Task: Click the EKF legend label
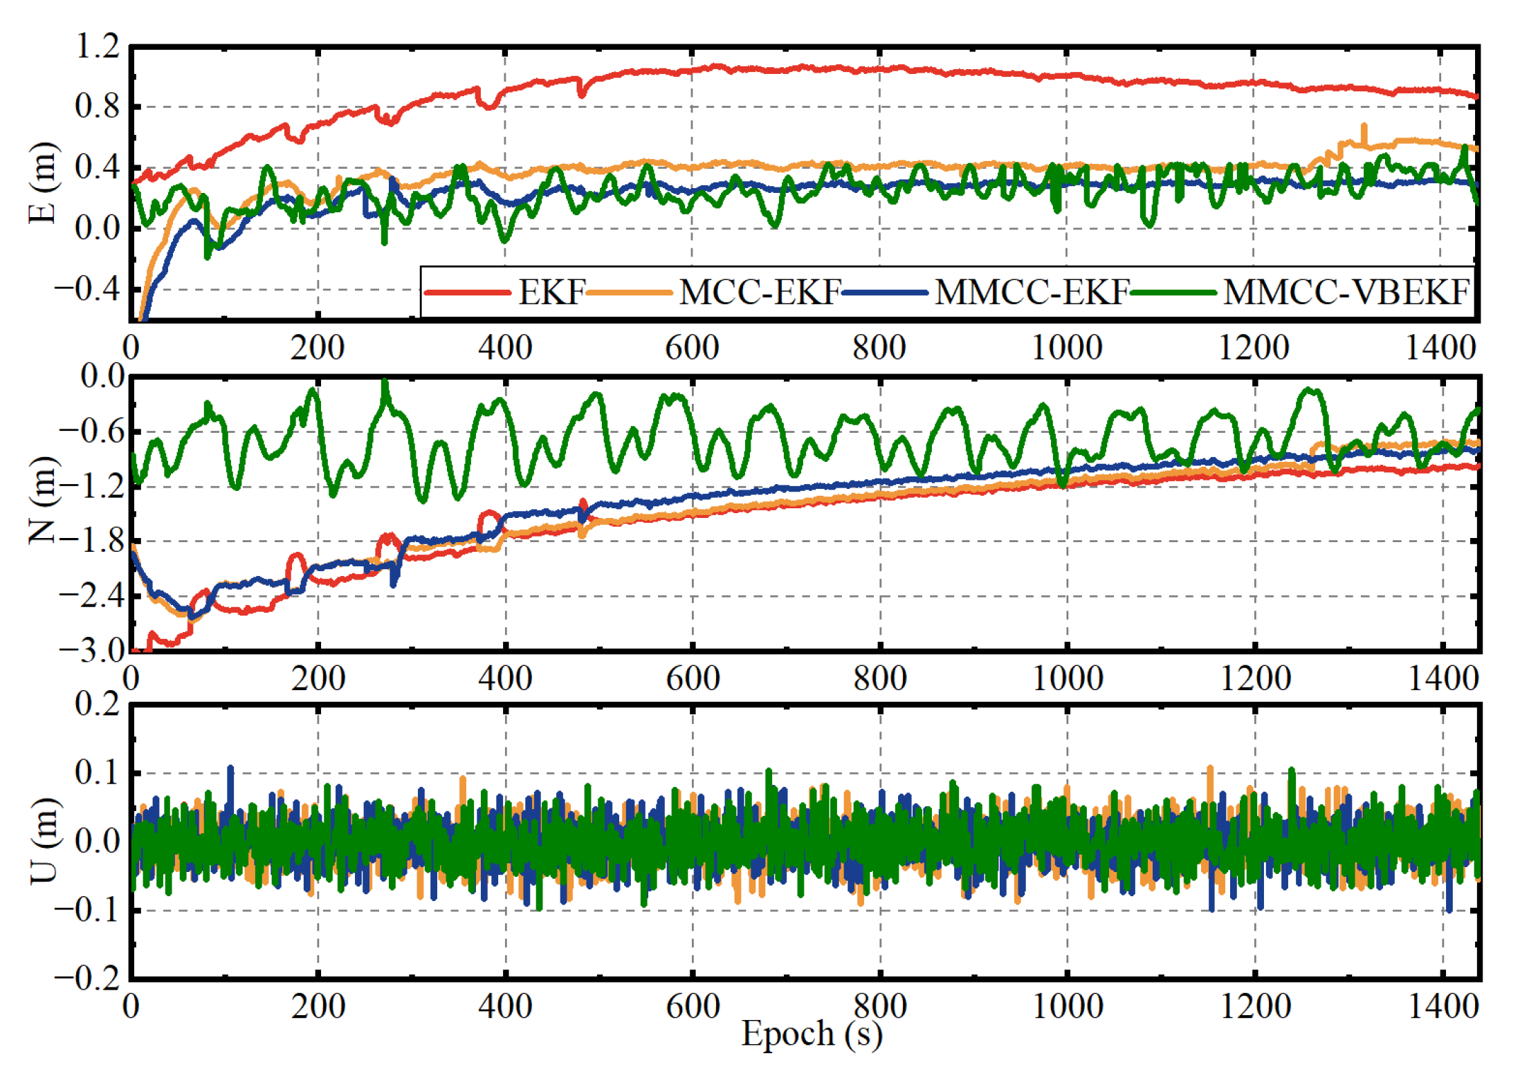point(551,293)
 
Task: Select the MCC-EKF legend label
point(759,293)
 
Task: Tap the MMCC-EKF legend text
point(1032,293)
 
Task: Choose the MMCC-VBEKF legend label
point(1346,293)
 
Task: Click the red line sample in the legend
point(468,293)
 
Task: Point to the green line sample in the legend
point(1173,293)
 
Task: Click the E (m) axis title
point(43,183)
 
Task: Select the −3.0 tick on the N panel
point(92,650)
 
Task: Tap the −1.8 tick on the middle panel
point(92,541)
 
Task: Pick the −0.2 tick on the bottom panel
point(88,978)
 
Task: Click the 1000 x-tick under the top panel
point(1066,348)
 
